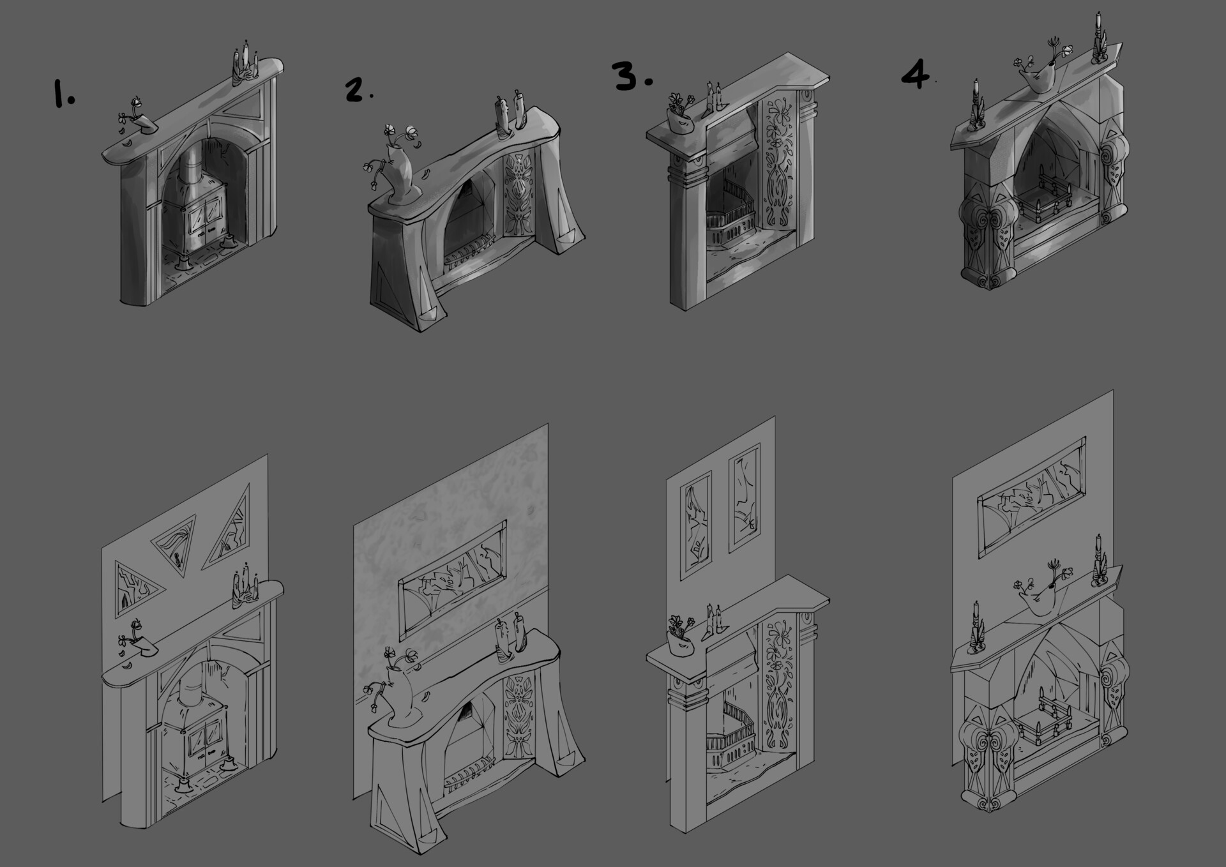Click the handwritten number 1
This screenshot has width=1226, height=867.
(62, 95)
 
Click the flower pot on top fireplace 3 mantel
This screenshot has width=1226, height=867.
(679, 117)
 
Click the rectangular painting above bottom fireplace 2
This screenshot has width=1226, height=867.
(452, 579)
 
